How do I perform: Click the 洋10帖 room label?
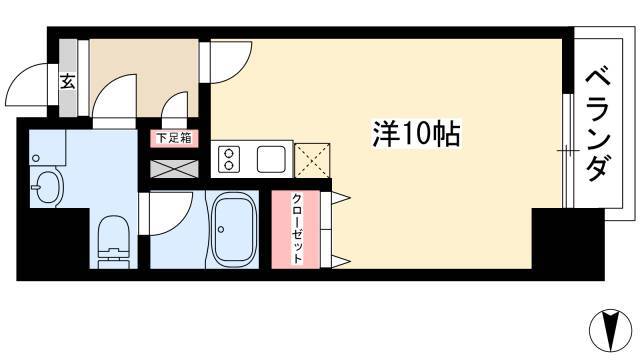(x=416, y=133)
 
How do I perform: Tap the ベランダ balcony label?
(x=598, y=125)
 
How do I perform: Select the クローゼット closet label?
(x=298, y=229)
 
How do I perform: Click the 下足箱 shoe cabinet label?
(x=174, y=138)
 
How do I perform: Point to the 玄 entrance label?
(x=68, y=82)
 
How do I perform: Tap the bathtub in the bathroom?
(x=232, y=230)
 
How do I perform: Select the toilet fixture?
(x=113, y=242)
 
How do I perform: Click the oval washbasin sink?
(x=47, y=187)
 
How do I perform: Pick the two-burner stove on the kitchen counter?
(x=229, y=159)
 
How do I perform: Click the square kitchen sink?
(x=271, y=159)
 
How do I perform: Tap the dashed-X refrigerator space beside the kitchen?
(x=312, y=160)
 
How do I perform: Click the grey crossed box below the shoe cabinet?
(x=174, y=169)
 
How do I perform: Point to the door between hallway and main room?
(x=231, y=62)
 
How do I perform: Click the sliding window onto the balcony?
(x=568, y=151)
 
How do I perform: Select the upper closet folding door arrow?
(x=341, y=198)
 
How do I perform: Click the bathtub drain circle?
(x=221, y=229)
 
